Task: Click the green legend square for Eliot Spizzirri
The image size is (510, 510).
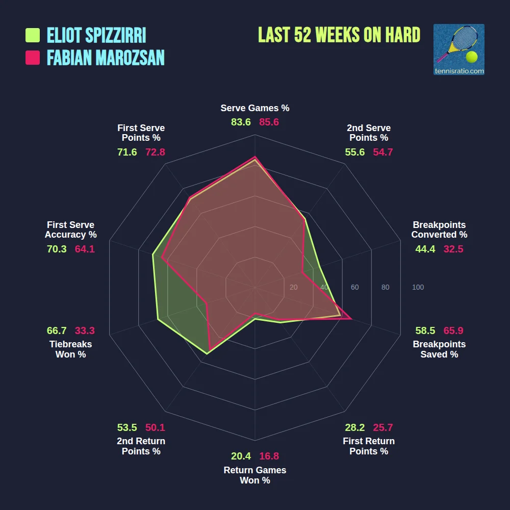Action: [33, 35]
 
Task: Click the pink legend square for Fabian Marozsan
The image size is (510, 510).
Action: [33, 58]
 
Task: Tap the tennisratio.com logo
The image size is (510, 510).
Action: [458, 49]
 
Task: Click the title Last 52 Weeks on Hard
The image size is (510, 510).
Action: [339, 35]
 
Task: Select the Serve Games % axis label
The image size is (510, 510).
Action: [255, 108]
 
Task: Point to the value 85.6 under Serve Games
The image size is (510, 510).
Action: [269, 122]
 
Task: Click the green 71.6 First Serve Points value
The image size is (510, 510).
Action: [127, 152]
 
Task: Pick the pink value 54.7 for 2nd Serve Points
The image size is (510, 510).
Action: [382, 152]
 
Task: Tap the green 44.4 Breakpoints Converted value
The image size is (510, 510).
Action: [425, 249]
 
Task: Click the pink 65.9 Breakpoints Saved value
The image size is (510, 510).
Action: [453, 330]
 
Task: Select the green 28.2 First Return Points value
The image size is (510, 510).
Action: [355, 427]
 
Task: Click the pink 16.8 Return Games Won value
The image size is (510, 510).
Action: [269, 456]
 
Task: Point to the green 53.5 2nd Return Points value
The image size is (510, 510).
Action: [127, 427]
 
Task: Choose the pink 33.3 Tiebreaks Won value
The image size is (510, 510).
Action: [85, 330]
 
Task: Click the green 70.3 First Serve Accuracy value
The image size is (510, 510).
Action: [57, 249]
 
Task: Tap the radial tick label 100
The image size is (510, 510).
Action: [418, 288]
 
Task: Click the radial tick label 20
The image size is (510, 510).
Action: [293, 288]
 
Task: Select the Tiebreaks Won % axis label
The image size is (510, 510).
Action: [70, 349]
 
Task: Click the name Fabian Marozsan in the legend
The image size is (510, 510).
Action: [106, 58]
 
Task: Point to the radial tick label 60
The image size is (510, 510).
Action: [354, 288]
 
